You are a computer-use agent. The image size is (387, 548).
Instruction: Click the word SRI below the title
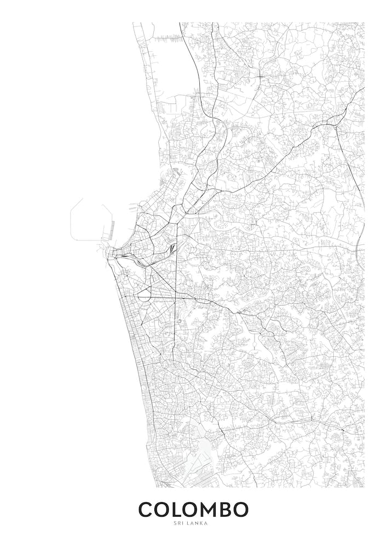coord(178,523)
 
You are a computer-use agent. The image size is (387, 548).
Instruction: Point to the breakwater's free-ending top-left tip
coord(83,199)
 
